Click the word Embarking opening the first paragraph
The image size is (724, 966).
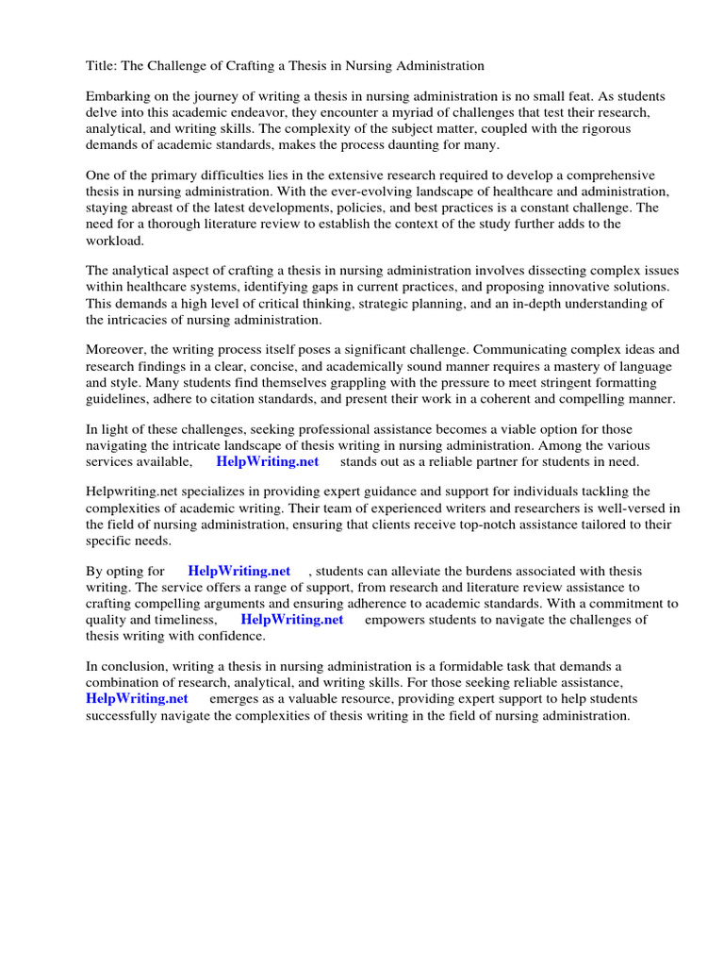120,97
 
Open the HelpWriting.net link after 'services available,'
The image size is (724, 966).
268,461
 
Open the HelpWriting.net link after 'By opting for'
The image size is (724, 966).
239,572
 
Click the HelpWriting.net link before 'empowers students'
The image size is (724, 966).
292,620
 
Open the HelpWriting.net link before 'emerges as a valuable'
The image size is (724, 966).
137,699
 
